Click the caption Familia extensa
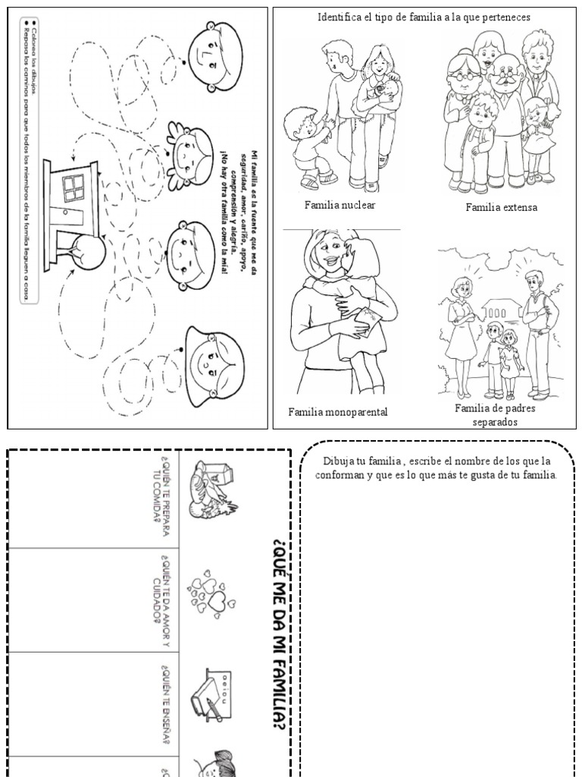[x=501, y=207]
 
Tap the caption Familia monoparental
[x=337, y=412]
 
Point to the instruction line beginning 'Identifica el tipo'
[x=424, y=17]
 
